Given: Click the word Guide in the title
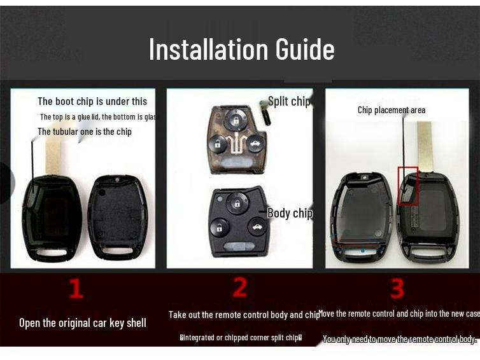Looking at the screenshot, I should [305, 49].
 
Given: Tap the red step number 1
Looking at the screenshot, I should [76, 288].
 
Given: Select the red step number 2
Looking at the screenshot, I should [239, 287].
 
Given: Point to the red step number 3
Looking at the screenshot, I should [397, 289].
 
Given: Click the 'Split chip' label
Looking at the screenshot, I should [289, 101].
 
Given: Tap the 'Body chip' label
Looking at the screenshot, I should [290, 213].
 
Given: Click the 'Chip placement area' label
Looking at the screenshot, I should [391, 110].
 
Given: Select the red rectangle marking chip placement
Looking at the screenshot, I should [407, 186].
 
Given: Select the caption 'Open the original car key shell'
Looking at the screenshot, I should [83, 323].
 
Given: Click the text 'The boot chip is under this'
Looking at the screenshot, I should [92, 101].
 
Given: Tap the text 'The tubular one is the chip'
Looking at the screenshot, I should [85, 132].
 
